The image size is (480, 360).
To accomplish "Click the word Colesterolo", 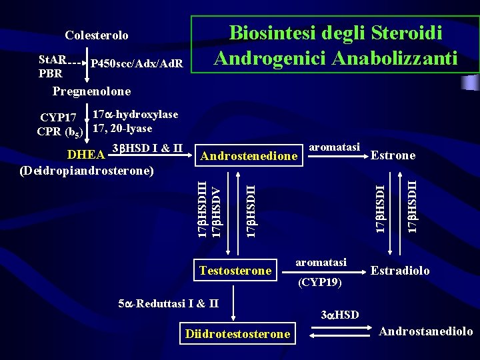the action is (x=97, y=35).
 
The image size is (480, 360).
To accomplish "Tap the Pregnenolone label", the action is (x=91, y=91).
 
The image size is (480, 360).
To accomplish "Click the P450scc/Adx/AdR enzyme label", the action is (x=137, y=64).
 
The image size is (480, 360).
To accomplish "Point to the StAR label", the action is (x=51, y=59).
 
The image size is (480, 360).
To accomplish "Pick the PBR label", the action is (x=50, y=73).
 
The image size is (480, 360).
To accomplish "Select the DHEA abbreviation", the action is (x=87, y=155).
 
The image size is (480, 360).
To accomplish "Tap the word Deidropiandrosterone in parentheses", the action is (x=87, y=170).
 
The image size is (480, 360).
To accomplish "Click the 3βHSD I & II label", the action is (x=148, y=147).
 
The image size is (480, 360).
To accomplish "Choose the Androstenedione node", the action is (x=249, y=156).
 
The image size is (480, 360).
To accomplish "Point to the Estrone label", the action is (x=393, y=155).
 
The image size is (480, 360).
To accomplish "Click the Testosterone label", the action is (x=235, y=270).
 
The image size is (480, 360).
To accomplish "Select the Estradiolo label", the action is (x=400, y=271).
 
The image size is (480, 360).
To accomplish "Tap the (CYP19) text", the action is (x=320, y=283).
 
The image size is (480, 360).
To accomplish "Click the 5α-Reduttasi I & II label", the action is (x=168, y=304).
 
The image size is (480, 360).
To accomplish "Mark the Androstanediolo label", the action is (x=425, y=331).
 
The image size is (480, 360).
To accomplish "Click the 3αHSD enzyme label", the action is (x=340, y=314).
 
